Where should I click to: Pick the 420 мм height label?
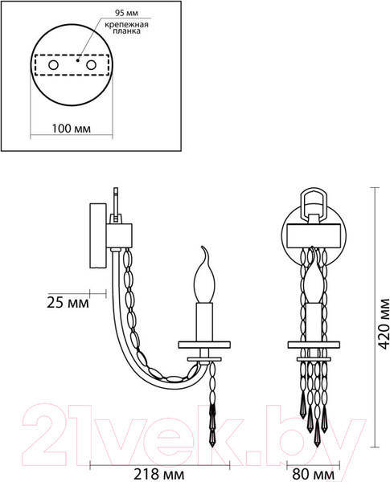pos(382,328)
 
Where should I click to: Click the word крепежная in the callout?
pos(122,26)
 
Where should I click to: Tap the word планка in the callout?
pos(121,35)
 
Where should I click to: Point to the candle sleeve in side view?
pos(204,320)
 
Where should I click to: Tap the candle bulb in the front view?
pos(314,281)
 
